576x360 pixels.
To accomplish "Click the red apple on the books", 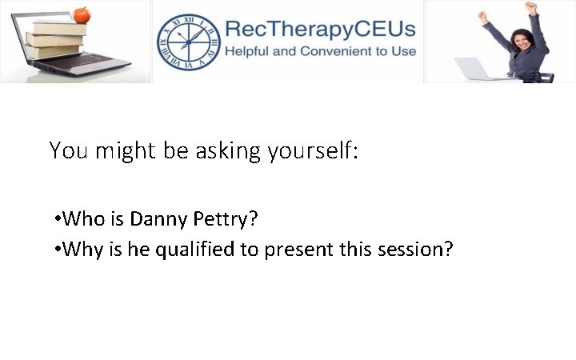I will [x=82, y=14].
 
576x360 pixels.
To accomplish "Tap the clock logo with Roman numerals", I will [x=187, y=42].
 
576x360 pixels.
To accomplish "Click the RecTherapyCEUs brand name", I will [x=320, y=30].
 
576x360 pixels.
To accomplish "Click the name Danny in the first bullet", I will [x=158, y=218].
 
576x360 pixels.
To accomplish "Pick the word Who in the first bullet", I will [x=79, y=218].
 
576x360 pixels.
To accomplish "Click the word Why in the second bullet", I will [x=80, y=250].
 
